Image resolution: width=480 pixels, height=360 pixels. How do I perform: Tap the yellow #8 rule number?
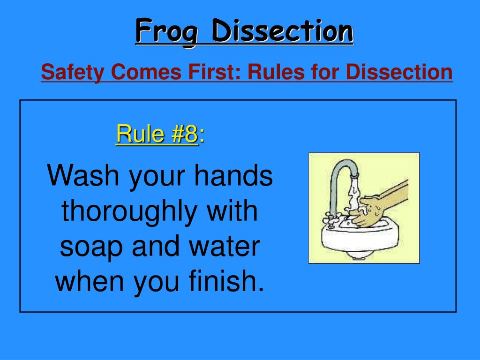coord(183,134)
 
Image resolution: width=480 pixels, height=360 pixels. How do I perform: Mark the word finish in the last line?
coord(225,282)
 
